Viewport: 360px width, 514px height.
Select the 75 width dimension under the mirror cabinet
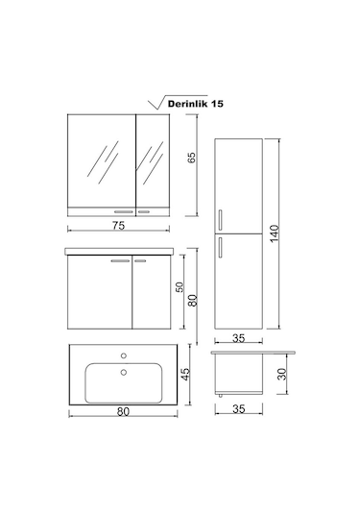pyautogui.click(x=119, y=227)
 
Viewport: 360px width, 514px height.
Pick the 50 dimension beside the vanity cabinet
pyautogui.click(x=179, y=287)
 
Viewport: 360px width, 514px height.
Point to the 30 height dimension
pyautogui.click(x=282, y=376)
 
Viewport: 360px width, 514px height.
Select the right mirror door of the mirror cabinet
pyautogui.click(x=153, y=159)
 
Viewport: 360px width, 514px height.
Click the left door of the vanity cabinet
pyautogui.click(x=97, y=293)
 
